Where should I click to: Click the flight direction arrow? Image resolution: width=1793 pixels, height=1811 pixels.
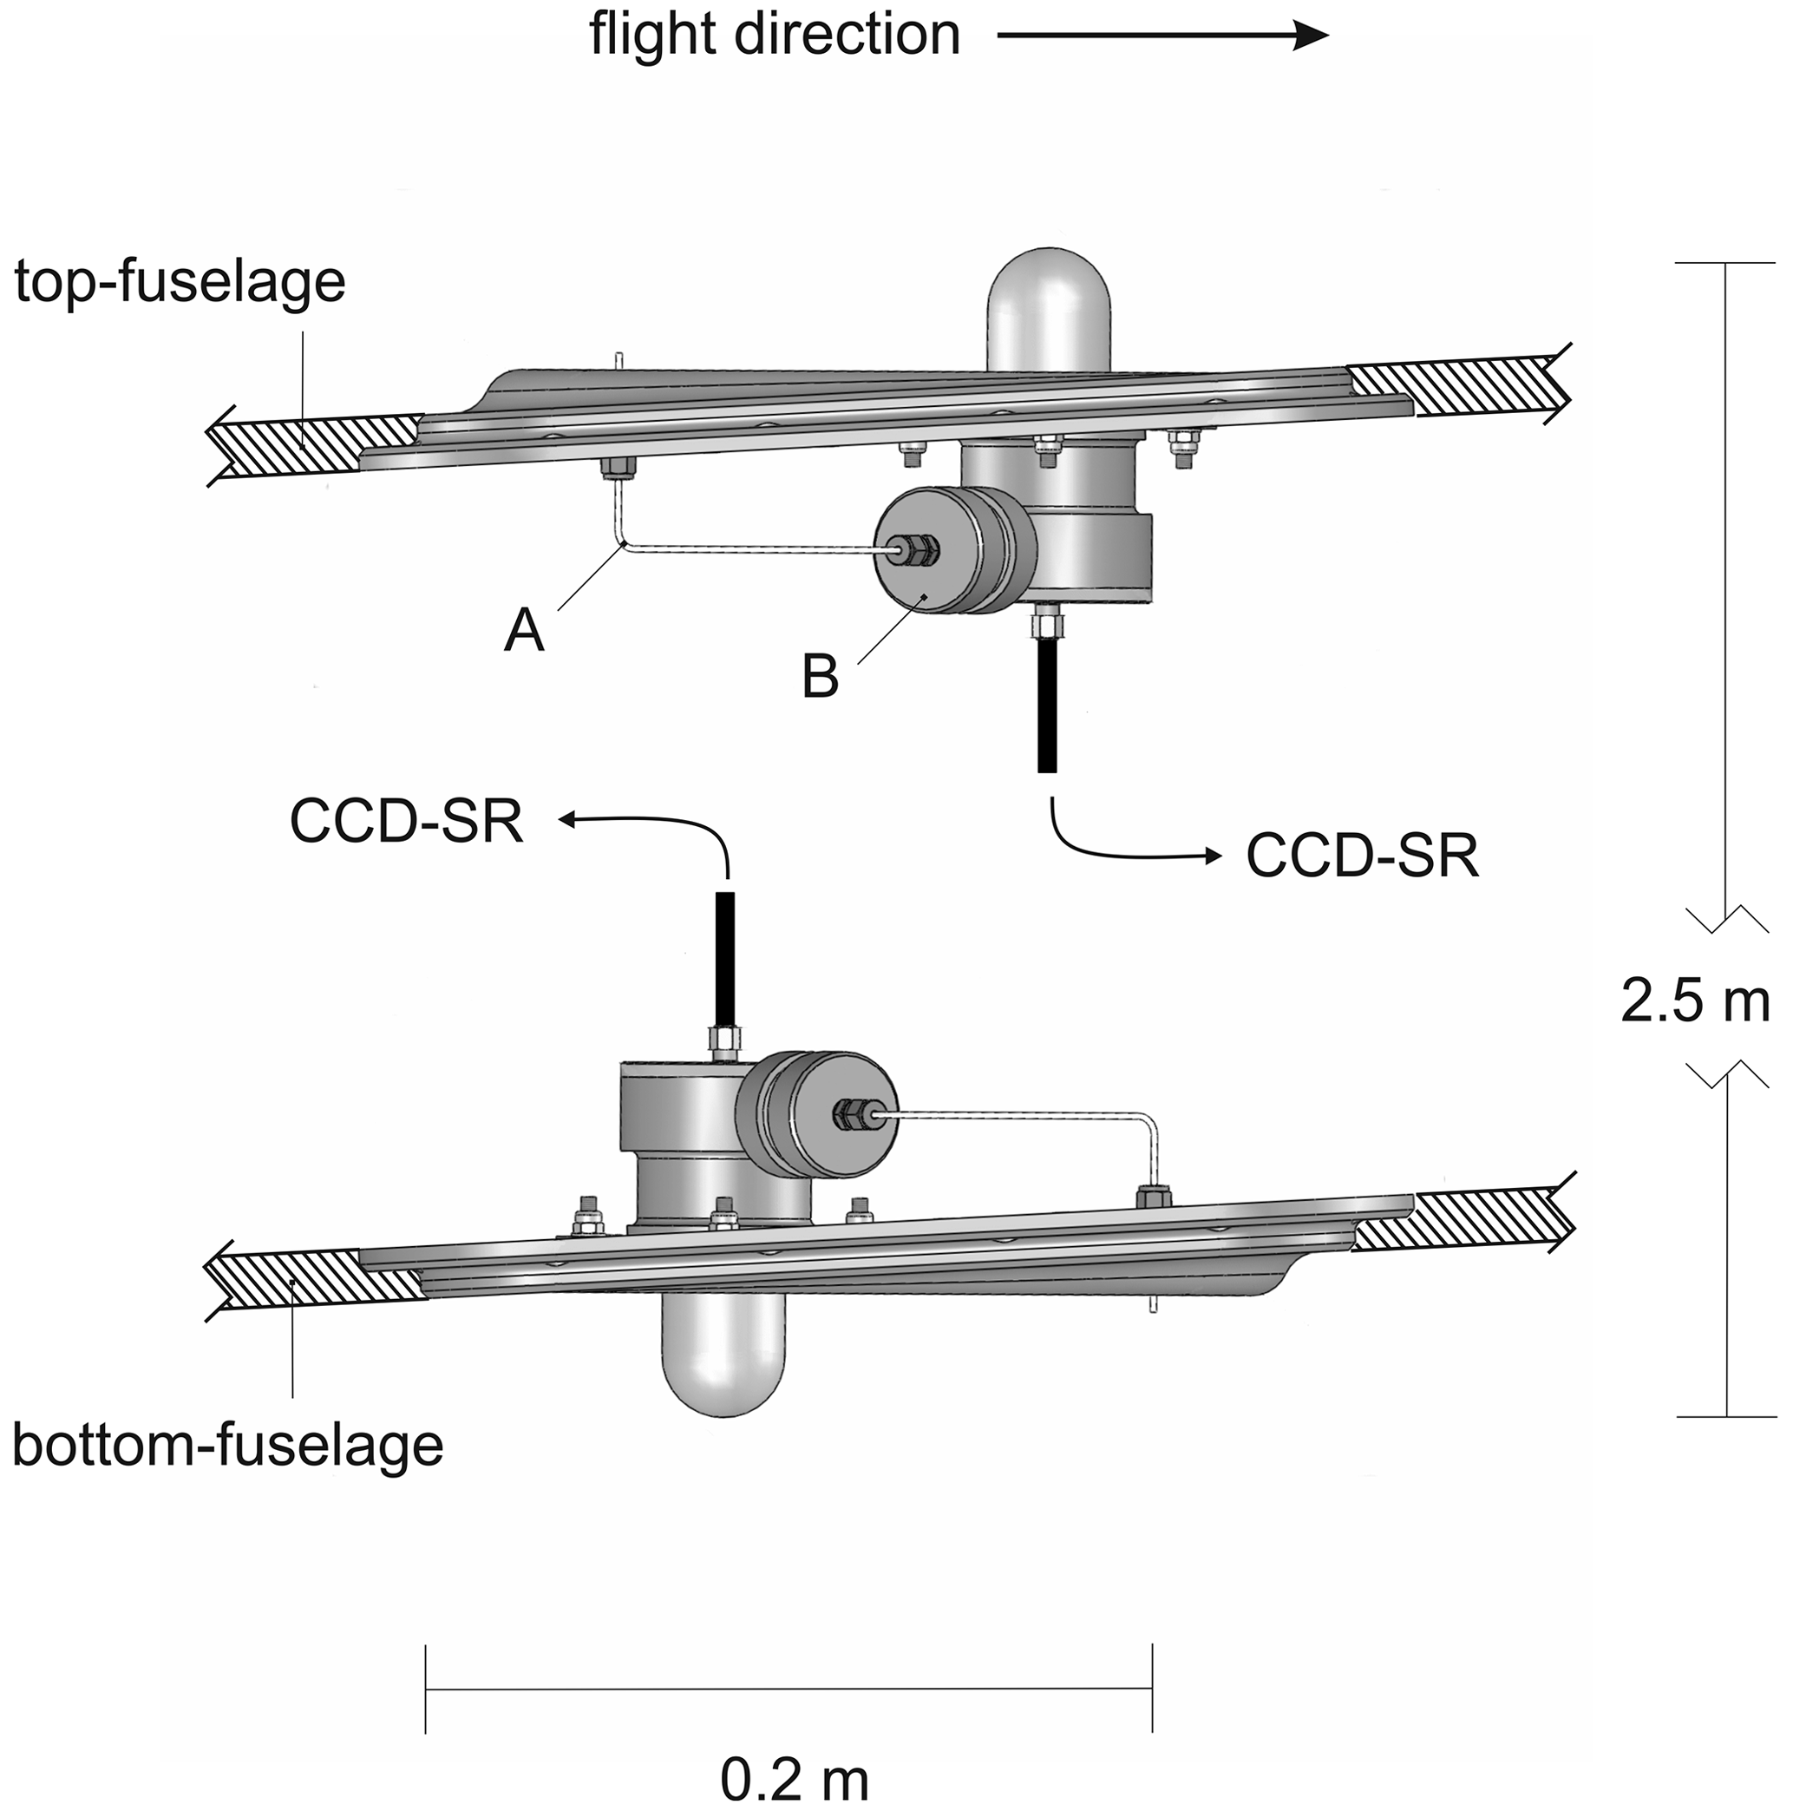coord(1162,36)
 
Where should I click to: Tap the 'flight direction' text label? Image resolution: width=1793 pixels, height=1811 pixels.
coord(774,36)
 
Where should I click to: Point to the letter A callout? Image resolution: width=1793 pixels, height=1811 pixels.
coord(523,631)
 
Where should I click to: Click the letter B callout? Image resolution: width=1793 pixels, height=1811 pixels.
coord(820,677)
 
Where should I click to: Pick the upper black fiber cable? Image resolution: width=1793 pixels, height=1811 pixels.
coord(1047,703)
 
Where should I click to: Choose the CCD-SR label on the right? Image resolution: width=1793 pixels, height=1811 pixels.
coord(1362,855)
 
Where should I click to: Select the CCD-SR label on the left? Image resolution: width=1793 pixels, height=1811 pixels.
coord(406,821)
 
